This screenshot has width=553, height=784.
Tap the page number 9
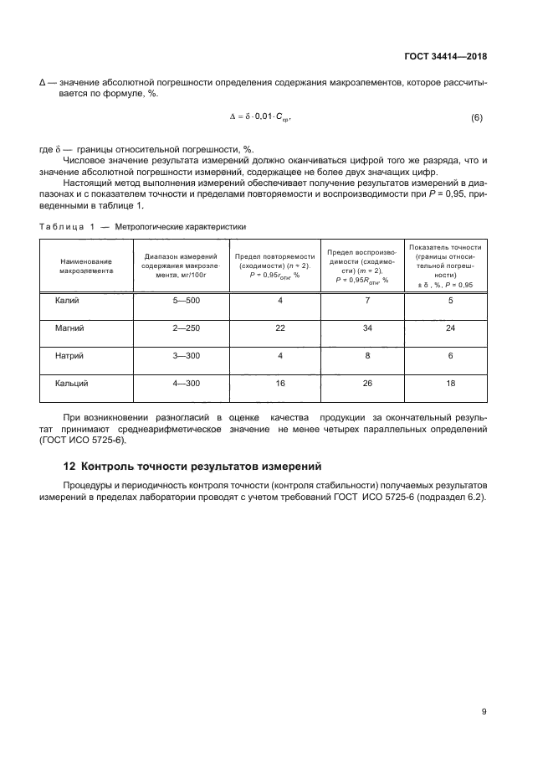484,712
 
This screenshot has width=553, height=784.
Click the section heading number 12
70,467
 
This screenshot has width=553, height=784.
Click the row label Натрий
70,355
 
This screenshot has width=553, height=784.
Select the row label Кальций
73,383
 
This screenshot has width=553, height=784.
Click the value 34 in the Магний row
367,328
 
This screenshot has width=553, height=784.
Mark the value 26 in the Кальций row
367,383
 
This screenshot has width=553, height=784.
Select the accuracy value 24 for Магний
450,328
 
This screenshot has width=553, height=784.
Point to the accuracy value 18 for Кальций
450,383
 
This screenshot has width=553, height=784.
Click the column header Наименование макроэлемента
85,266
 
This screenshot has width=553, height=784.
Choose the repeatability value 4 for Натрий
280,355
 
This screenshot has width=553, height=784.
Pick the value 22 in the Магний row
280,328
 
